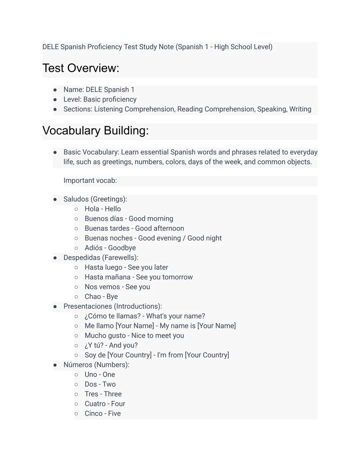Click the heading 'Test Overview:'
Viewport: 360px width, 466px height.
coord(81,68)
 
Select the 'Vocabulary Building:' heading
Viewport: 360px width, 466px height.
coord(95,130)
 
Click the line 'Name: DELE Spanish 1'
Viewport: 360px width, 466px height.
coord(99,90)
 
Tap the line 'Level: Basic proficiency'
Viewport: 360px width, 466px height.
coord(100,99)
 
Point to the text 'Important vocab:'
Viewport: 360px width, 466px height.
coord(90,180)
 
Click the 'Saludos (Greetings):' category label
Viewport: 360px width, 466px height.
coord(95,199)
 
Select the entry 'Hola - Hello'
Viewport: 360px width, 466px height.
coord(103,209)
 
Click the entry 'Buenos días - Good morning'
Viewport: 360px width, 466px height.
coord(129,218)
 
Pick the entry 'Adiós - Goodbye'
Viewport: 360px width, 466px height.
coord(110,248)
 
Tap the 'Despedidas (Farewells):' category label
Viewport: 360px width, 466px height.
coord(101,258)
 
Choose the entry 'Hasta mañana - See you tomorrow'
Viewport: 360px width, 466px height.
coord(139,277)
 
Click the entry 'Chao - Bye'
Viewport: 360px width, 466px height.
coord(101,297)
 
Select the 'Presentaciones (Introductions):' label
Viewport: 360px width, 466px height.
coord(113,306)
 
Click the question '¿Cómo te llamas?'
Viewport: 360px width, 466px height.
coord(112,316)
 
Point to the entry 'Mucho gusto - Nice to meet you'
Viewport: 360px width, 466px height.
coord(134,336)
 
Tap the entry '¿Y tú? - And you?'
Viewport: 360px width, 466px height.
coord(111,345)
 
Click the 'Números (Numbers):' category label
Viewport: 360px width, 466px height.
coord(96,365)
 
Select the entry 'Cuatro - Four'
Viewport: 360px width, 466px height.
coord(105,404)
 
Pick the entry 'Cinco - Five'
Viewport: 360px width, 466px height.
coord(103,413)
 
